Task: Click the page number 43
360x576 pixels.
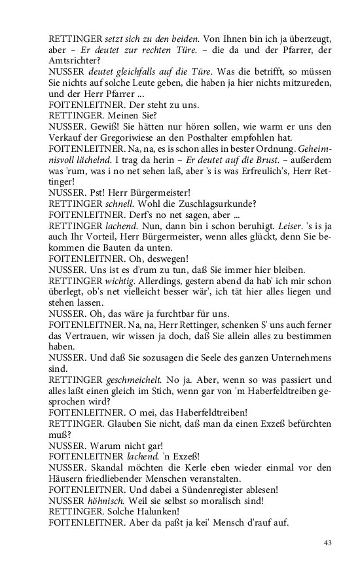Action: pyautogui.click(x=329, y=543)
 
